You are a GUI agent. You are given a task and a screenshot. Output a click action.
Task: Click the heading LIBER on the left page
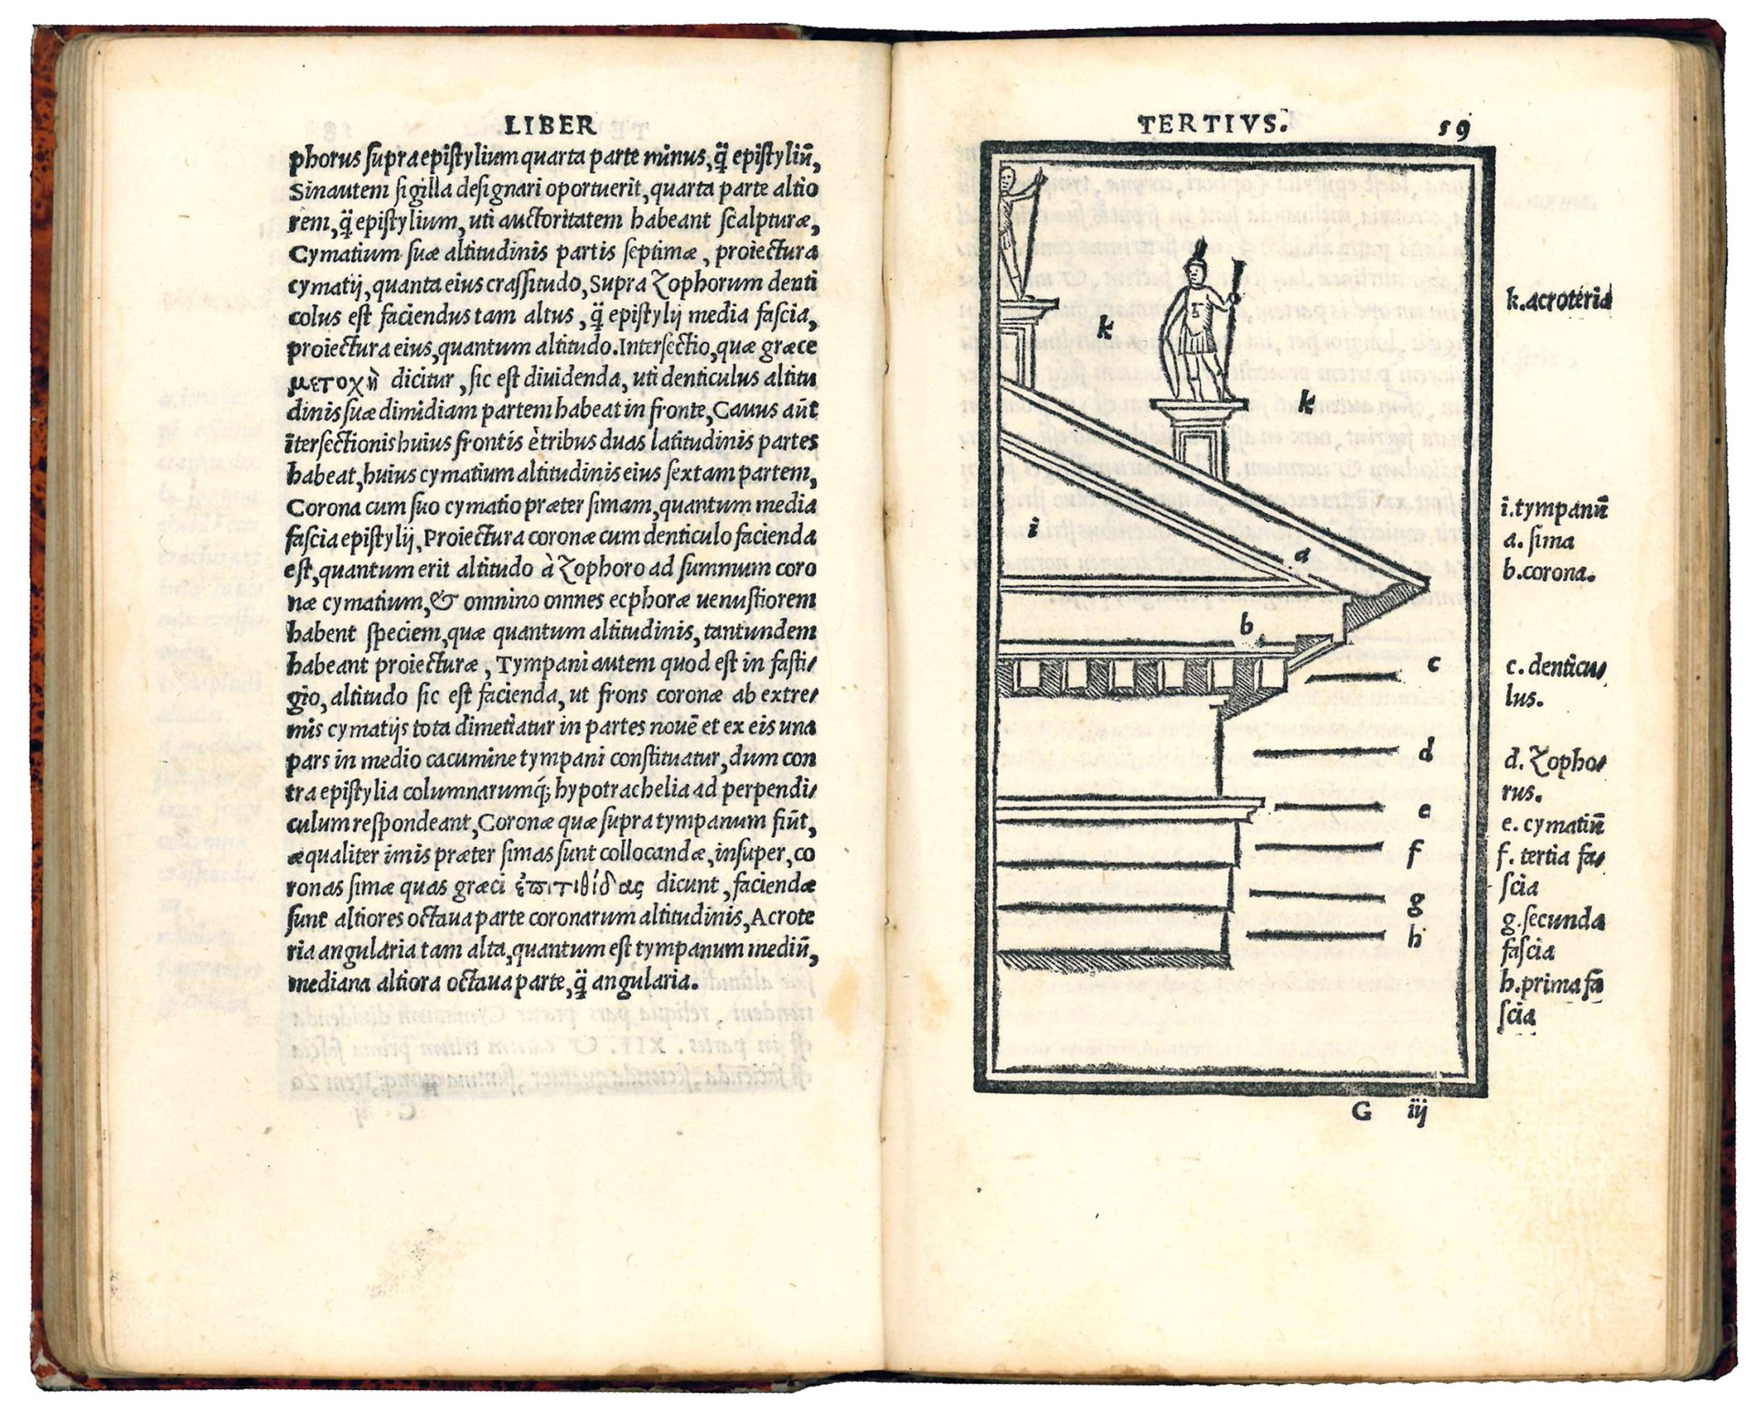(x=550, y=124)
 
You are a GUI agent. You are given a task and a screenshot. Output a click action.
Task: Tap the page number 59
(x=1452, y=129)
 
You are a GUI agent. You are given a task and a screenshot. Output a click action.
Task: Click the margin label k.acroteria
(x=1558, y=299)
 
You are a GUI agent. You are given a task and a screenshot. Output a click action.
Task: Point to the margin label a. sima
(x=1538, y=541)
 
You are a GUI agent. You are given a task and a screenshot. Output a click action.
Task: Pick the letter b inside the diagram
(x=1246, y=626)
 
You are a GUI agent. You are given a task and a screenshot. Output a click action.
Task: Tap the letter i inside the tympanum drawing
(x=1032, y=528)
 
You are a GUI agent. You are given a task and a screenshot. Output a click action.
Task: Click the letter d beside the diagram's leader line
(x=1426, y=753)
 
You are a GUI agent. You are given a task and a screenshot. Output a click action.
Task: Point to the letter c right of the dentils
(x=1433, y=663)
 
